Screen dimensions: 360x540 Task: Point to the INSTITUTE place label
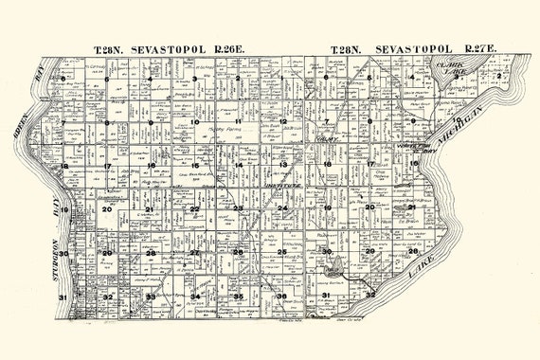point(283,187)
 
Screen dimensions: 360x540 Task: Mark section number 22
point(194,208)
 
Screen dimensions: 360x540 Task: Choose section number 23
point(239,208)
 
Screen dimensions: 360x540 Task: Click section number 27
point(194,252)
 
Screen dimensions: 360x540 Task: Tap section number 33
point(150,297)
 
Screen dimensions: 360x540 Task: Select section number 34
point(194,297)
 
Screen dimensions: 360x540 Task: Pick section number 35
point(239,297)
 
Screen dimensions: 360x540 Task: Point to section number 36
point(281,297)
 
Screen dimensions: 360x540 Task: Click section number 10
point(194,121)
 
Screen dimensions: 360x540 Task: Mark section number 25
point(282,252)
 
